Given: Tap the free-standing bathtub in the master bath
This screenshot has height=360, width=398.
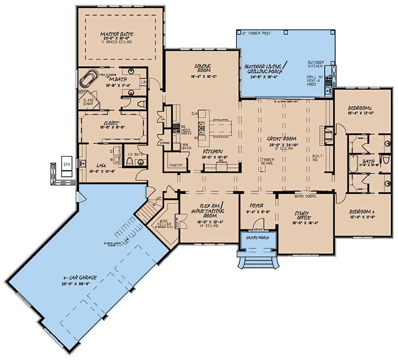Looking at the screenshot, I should [90, 78].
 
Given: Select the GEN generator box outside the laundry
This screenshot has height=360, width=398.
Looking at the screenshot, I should [66, 163].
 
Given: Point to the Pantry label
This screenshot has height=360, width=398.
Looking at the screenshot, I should [176, 164].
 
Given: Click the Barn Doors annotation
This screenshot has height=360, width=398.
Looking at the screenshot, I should [305, 196].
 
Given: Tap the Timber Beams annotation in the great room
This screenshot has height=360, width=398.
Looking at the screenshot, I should [267, 161].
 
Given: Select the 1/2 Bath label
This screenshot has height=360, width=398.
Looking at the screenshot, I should [132, 154].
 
